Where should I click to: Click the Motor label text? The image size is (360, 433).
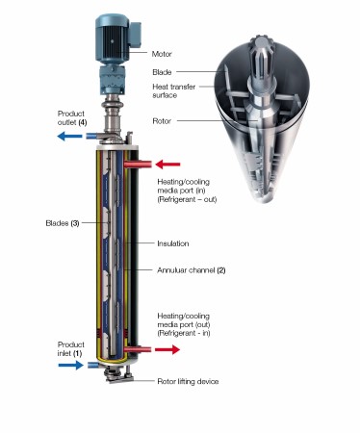click(x=162, y=54)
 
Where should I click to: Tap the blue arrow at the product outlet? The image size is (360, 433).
click(x=69, y=137)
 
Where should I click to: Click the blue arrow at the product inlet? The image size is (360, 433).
click(x=71, y=365)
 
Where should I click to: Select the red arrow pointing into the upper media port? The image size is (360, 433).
click(x=167, y=165)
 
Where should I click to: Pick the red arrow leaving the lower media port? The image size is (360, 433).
click(x=167, y=349)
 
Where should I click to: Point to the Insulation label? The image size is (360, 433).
click(x=173, y=243)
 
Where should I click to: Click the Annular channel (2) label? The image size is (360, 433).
click(x=192, y=270)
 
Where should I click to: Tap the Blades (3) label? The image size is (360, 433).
click(x=63, y=223)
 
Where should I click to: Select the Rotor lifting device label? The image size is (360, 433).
click(x=188, y=381)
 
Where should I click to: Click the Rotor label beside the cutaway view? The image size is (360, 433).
click(x=162, y=121)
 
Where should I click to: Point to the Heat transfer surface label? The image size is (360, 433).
click(x=173, y=90)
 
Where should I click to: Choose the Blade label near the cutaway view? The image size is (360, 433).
click(x=162, y=72)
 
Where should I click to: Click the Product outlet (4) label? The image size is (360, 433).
click(x=72, y=117)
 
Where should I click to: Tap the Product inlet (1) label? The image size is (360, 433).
click(x=71, y=349)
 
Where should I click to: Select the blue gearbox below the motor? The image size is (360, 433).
click(x=114, y=80)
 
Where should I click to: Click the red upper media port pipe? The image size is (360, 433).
click(x=138, y=165)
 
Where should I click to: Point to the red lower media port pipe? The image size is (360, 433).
click(x=138, y=349)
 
